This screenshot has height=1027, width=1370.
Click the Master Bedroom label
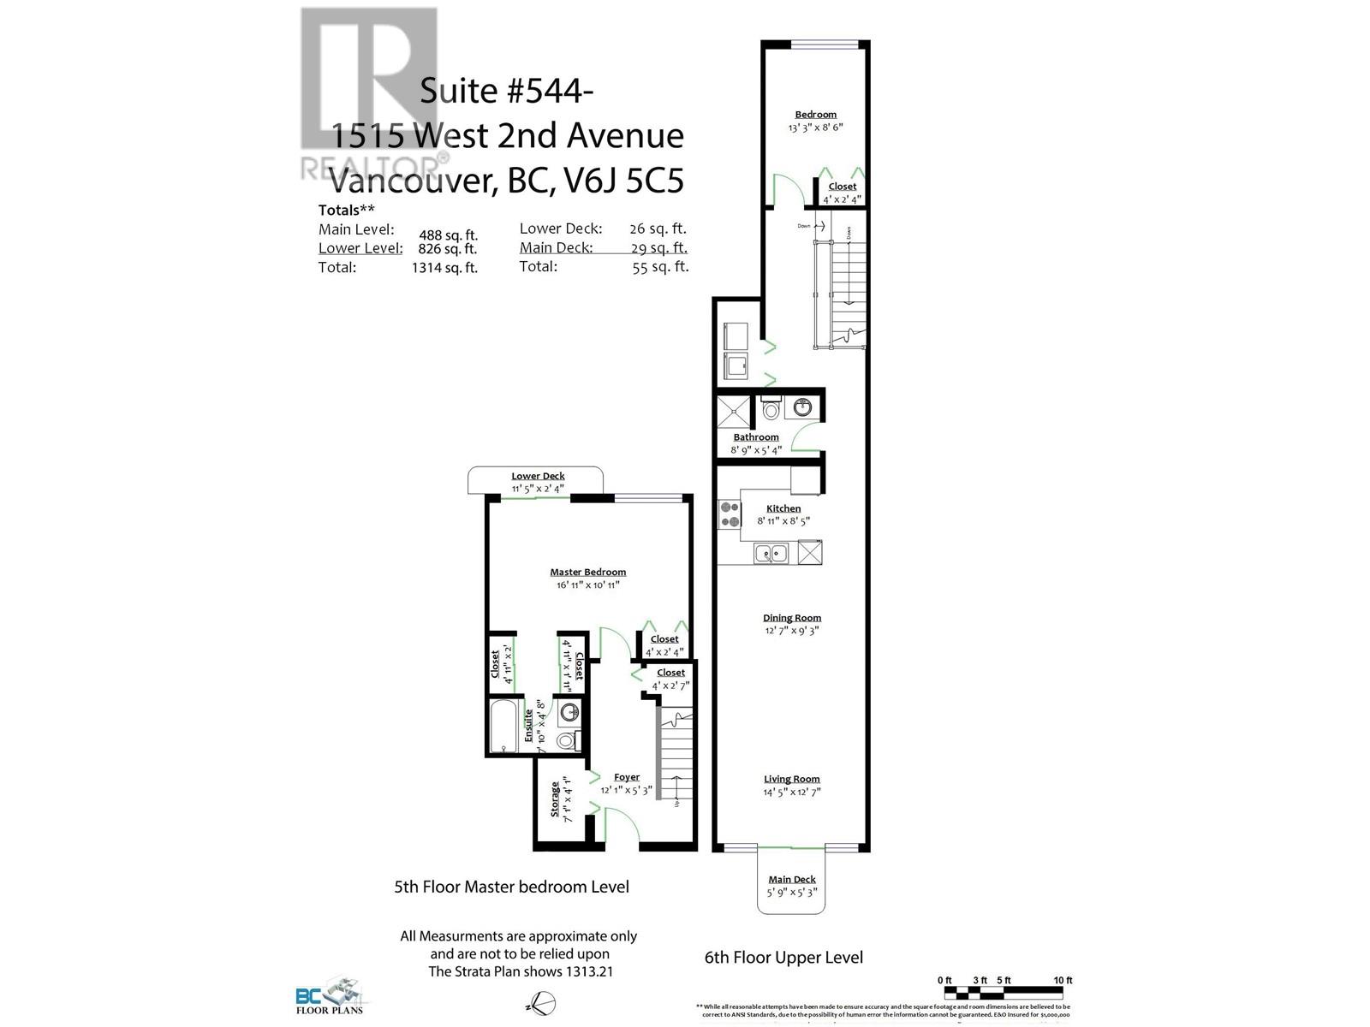[587, 572]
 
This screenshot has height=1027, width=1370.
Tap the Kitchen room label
[783, 508]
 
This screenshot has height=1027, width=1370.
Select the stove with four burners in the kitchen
[730, 514]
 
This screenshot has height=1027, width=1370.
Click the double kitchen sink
[771, 553]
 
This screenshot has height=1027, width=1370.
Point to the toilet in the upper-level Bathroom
[770, 410]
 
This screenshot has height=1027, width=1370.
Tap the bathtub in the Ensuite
[504, 726]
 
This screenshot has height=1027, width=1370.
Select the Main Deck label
[791, 879]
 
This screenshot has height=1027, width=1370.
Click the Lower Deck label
[538, 476]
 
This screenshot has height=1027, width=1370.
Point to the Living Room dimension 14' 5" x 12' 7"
[792, 793]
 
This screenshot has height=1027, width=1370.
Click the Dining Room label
[792, 617]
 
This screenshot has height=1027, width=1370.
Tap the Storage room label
[555, 798]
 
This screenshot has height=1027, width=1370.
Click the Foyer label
[626, 777]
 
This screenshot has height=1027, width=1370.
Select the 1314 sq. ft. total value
[444, 268]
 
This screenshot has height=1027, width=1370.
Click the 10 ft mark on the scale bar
[1063, 981]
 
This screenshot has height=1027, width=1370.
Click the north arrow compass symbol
[541, 1001]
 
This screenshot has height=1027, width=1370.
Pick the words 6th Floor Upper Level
[783, 958]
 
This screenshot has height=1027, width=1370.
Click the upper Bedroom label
[815, 114]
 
